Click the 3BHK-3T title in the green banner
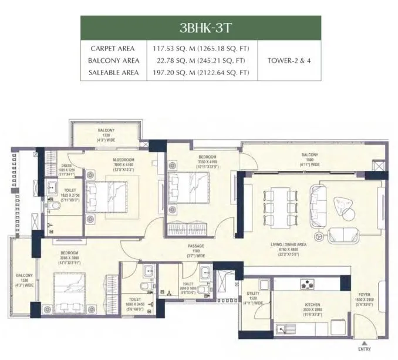click(x=200, y=28)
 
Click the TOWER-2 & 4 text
click(x=289, y=60)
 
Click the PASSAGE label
click(x=195, y=247)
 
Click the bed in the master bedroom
click(x=114, y=194)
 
